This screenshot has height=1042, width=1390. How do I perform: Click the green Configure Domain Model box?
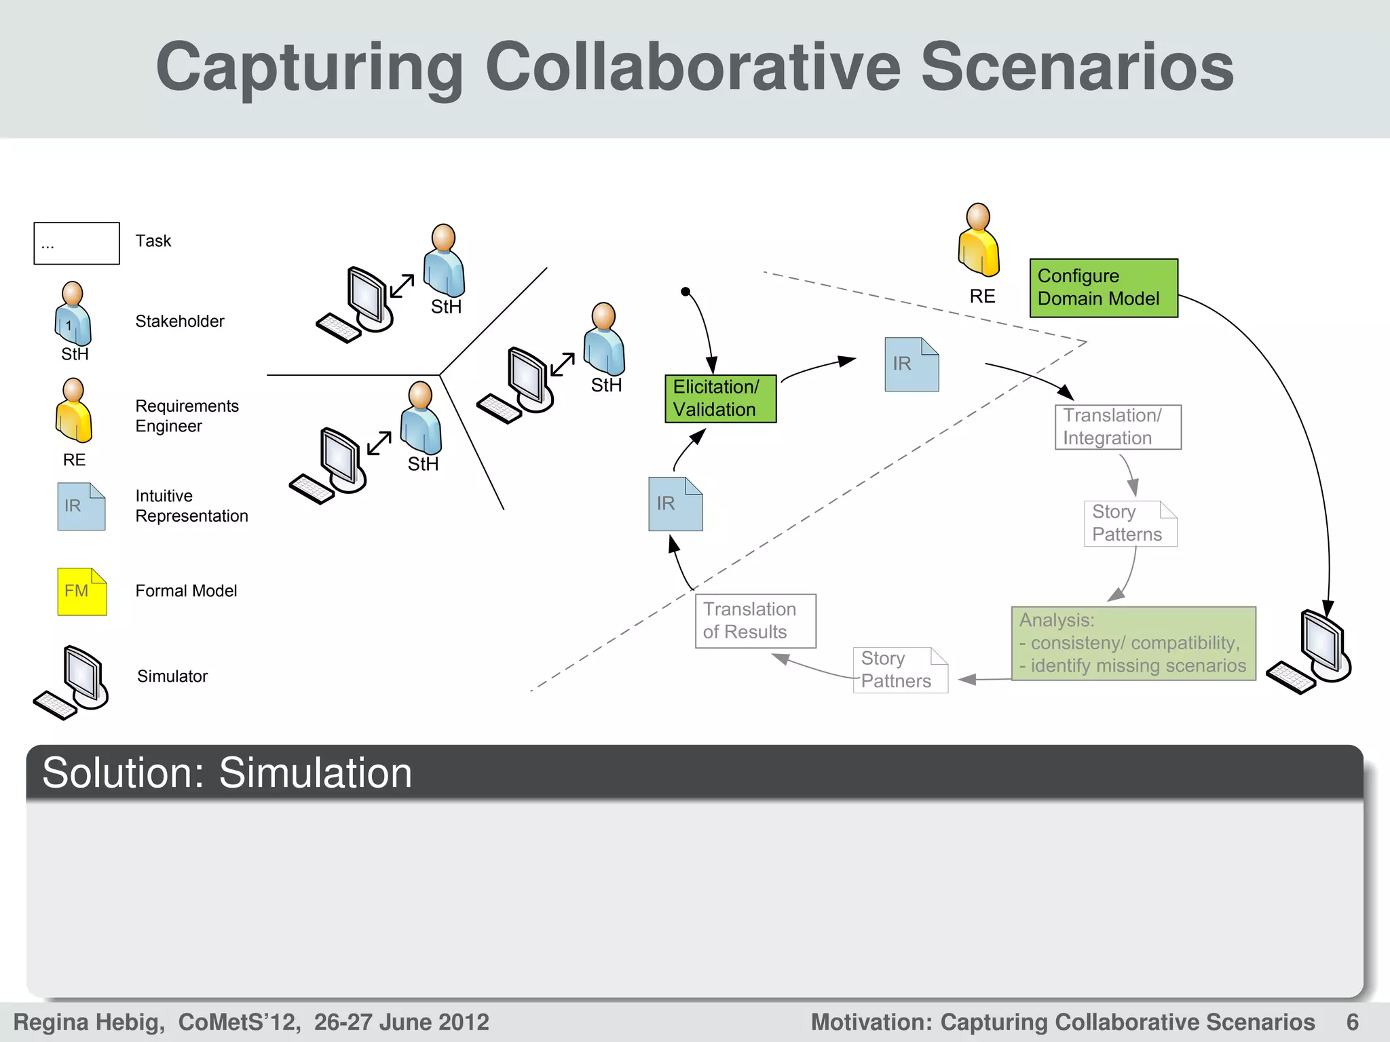point(1104,288)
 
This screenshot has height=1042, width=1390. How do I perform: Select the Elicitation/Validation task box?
point(720,399)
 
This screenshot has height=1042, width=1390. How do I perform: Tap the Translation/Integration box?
point(1118,427)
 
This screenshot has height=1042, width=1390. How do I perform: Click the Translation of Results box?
point(755,621)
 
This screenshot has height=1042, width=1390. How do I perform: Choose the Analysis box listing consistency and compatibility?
point(1133,643)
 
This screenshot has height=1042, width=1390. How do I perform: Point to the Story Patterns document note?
point(1130,524)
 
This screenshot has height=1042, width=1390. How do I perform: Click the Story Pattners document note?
point(900,670)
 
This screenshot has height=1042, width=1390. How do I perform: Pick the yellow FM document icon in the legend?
point(81,592)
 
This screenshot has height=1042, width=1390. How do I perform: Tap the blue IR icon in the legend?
point(81,506)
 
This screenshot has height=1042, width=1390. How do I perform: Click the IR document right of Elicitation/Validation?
point(912,364)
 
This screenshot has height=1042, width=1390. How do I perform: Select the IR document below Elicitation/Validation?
point(675,504)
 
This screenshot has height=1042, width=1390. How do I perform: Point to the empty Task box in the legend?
point(77,243)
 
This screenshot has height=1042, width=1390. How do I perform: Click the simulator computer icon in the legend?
point(72,682)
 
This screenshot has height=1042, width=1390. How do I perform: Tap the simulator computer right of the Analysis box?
point(1311,652)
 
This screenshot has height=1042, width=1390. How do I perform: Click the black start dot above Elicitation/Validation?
point(685,292)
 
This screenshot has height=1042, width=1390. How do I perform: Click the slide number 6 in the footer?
point(1353,1022)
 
